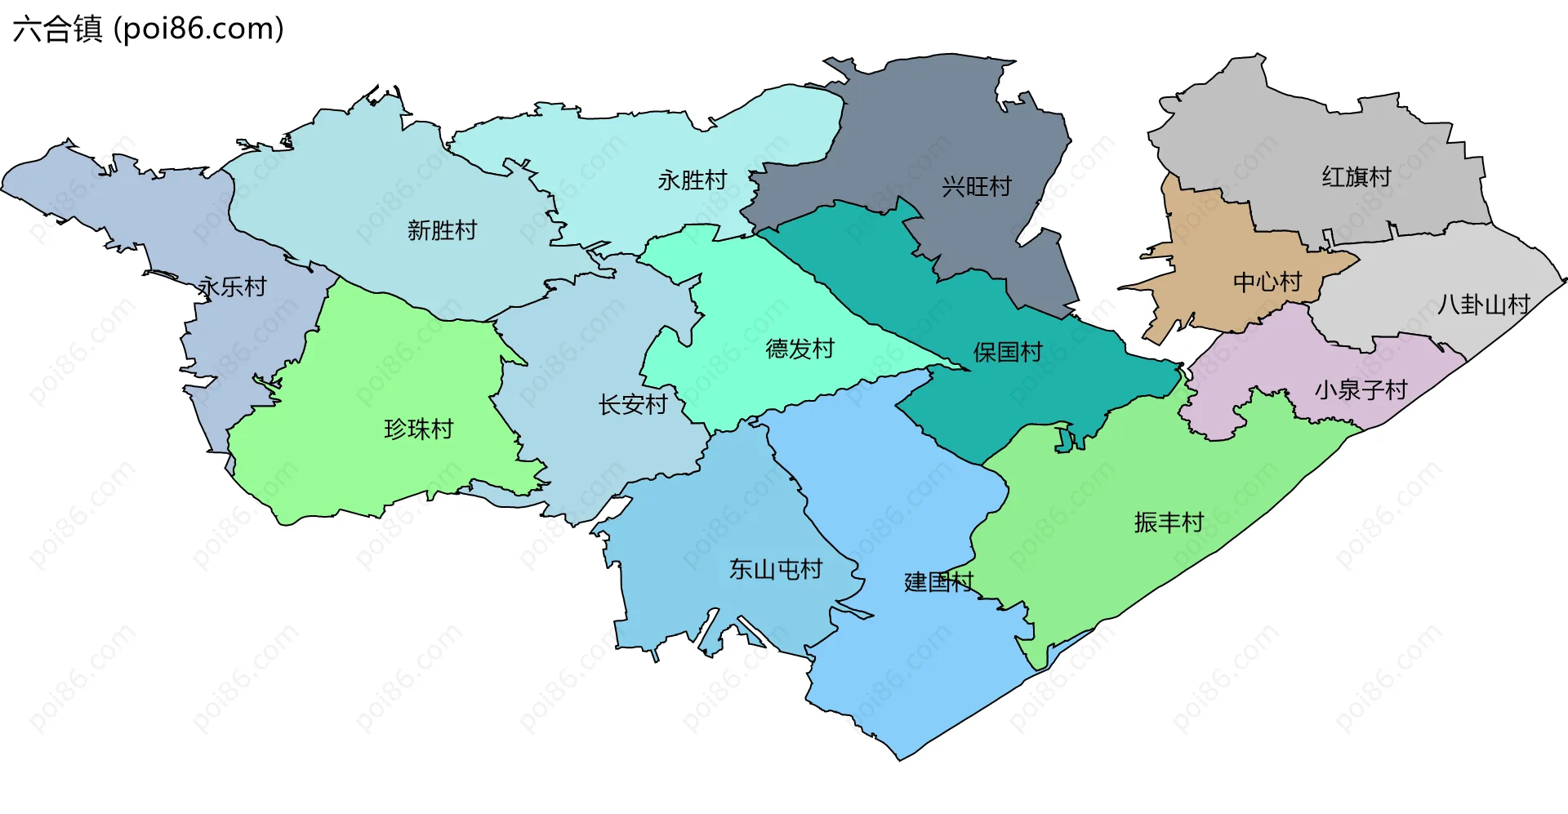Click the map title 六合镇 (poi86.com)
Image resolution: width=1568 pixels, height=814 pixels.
click(148, 29)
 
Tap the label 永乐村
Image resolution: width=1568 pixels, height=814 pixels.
click(233, 287)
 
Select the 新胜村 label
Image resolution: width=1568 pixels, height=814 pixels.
click(442, 230)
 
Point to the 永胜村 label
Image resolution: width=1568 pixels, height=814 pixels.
click(693, 180)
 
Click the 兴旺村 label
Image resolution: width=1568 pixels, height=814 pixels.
click(976, 187)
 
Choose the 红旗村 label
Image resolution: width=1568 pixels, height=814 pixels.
click(1356, 176)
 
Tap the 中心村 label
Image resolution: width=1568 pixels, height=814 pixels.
click(1267, 282)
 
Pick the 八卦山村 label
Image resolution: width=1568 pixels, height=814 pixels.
click(1483, 305)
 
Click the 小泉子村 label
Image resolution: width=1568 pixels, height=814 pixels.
click(1361, 389)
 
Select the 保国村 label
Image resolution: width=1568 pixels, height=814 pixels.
click(1008, 352)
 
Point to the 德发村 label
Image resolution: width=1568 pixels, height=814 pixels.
click(800, 349)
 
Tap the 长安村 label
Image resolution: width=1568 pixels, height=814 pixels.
click(633, 404)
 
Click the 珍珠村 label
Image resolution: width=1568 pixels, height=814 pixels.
click(418, 429)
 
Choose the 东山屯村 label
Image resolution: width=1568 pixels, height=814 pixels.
click(775, 569)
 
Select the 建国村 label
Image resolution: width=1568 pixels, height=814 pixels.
click(938, 582)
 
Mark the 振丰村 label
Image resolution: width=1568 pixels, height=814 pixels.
click(1169, 522)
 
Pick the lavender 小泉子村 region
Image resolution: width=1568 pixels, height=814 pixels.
click(1274, 359)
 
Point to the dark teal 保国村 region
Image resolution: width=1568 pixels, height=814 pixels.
click(1062, 384)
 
